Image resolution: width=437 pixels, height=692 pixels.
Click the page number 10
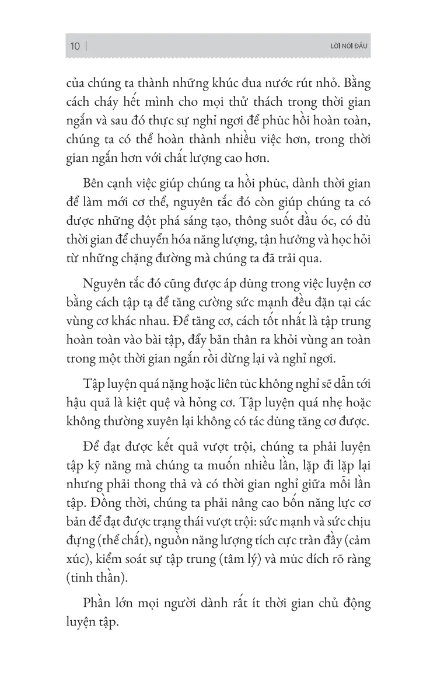point(75,46)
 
